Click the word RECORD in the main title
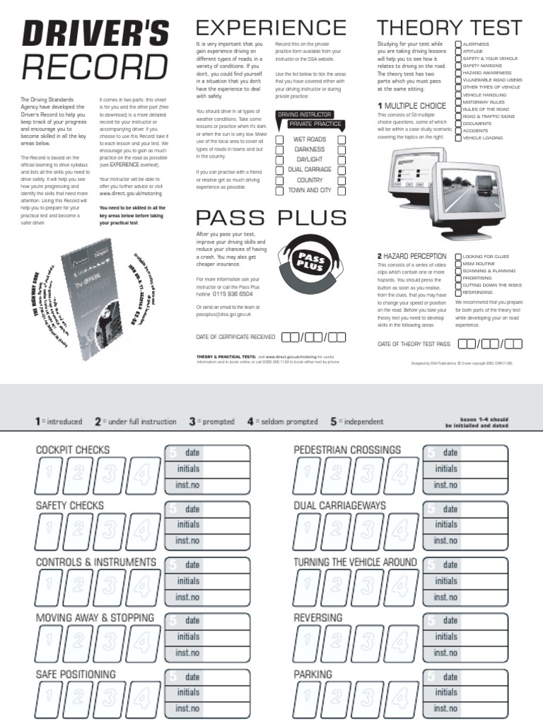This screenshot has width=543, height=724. point(95,67)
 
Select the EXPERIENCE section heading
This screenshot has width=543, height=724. point(271,28)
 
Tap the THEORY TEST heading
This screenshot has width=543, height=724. point(450,28)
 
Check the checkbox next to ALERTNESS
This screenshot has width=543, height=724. point(458,44)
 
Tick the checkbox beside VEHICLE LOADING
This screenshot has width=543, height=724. point(458,139)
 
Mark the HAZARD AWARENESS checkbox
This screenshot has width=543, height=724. point(458,73)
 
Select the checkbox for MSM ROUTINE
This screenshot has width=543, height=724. point(459,264)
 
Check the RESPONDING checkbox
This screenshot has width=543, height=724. point(459,292)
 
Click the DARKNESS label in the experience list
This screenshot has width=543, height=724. point(309,150)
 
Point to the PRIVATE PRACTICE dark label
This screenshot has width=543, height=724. point(315,124)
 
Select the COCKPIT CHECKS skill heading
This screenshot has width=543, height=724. point(73,450)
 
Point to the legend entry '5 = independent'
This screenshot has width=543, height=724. point(357,421)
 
